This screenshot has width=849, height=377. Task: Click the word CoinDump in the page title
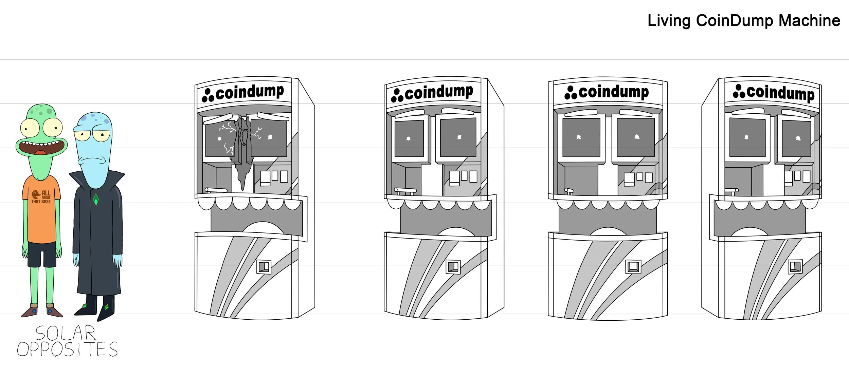point(735,21)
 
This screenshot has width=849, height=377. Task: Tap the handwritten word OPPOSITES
point(67,349)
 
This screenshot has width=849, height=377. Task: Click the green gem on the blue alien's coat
point(96,199)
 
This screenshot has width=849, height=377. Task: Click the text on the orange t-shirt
point(41,197)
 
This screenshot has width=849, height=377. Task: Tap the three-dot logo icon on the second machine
point(397,95)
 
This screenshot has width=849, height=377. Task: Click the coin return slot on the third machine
point(633,267)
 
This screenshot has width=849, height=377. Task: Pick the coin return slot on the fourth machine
point(795,266)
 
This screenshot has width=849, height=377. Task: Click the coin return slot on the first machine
point(264,267)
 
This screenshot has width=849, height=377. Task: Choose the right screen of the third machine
point(635,137)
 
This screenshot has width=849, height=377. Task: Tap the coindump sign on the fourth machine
point(774,92)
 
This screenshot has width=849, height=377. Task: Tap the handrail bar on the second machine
point(405,190)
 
